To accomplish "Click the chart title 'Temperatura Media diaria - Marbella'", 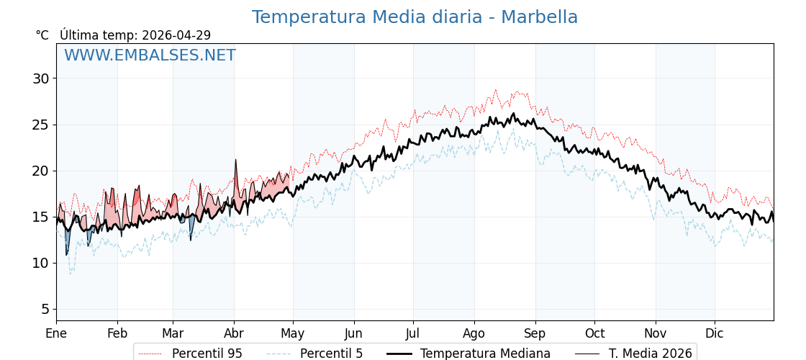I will point(415,17).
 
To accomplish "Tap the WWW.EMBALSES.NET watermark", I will point(150,55).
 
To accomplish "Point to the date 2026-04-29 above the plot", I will point(176,35).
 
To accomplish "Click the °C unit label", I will point(42,35).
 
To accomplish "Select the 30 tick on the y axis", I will point(41,78).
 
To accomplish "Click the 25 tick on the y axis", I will point(41,125).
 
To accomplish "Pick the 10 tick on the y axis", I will point(41,263).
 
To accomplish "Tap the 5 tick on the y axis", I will point(45,309).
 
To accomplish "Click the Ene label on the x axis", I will point(56,333).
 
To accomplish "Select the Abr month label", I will point(234,333).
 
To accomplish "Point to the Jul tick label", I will point(413,333).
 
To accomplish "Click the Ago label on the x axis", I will point(474,333).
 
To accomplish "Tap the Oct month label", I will point(594,333).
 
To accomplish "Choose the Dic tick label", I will point(715,333).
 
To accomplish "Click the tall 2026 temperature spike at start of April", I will point(235,161).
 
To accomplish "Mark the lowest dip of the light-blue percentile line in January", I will point(70,274).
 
